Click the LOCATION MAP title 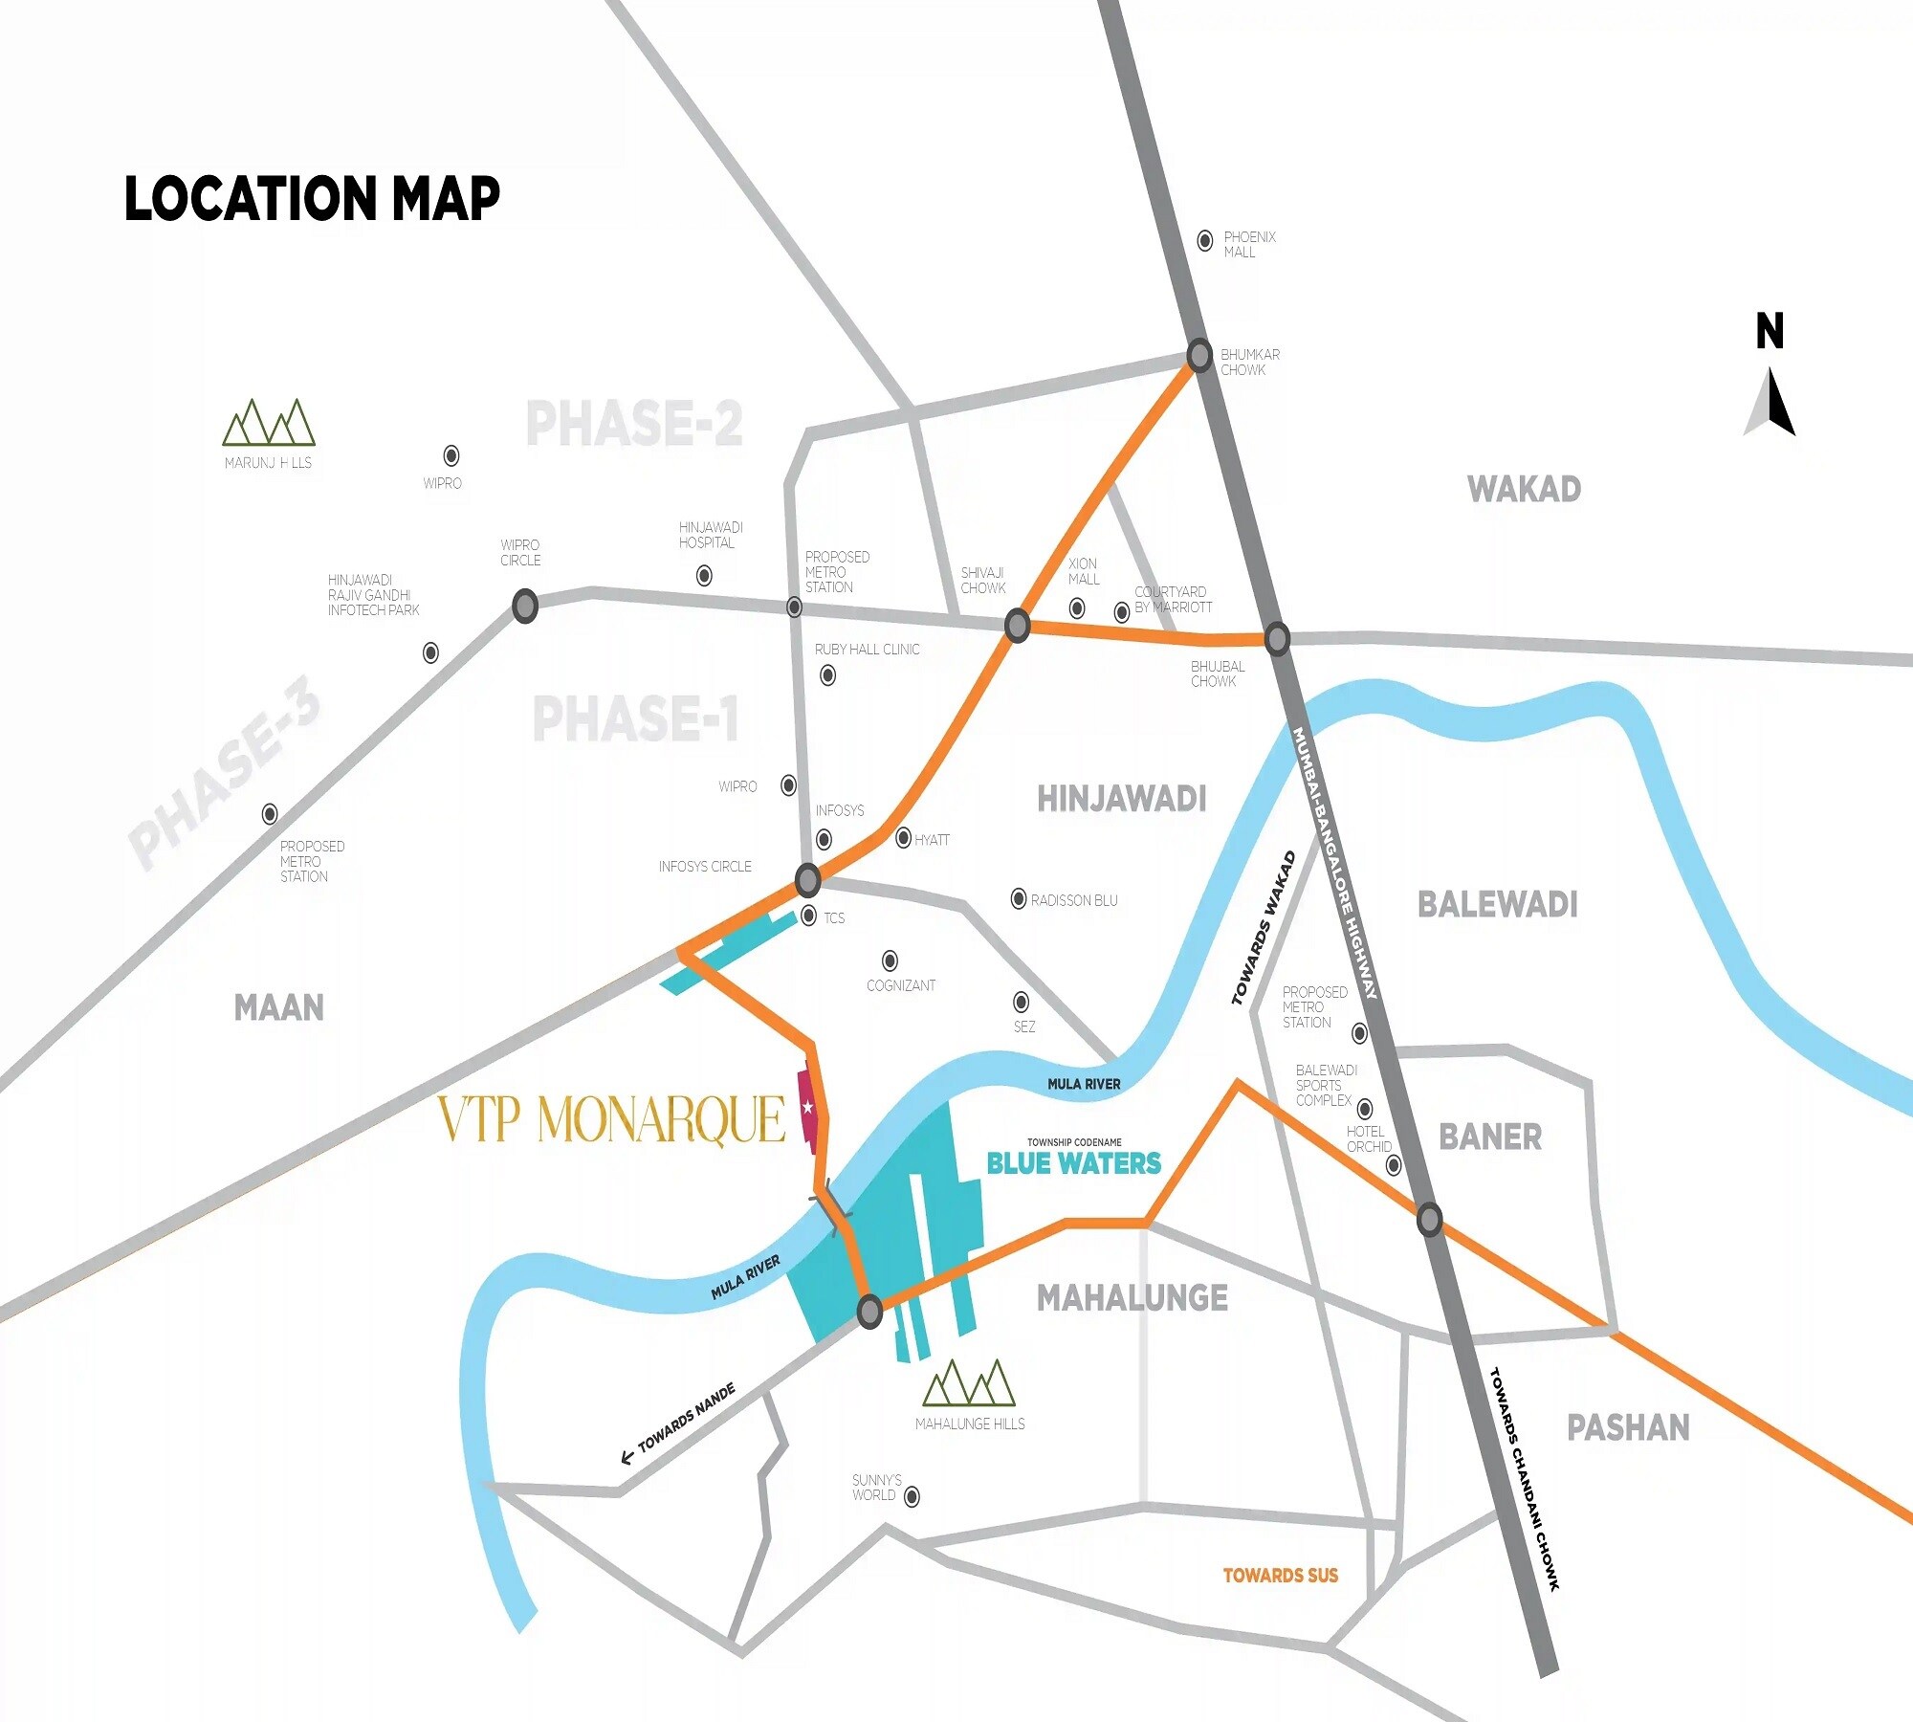pyautogui.click(x=312, y=199)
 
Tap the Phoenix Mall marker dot pyautogui.click(x=1205, y=241)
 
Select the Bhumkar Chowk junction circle pyautogui.click(x=1199, y=355)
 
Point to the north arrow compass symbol pyautogui.click(x=1771, y=402)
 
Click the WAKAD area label pyautogui.click(x=1524, y=489)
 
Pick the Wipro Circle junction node pyautogui.click(x=525, y=606)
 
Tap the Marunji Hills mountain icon pyautogui.click(x=269, y=423)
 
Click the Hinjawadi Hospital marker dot pyautogui.click(x=704, y=575)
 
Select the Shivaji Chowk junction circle pyautogui.click(x=1017, y=626)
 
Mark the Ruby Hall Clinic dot pyautogui.click(x=828, y=675)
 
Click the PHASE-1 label pyautogui.click(x=635, y=719)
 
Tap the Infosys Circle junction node pyautogui.click(x=808, y=878)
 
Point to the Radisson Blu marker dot pyautogui.click(x=1019, y=898)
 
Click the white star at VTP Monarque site pyautogui.click(x=807, y=1107)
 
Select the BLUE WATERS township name pyautogui.click(x=1073, y=1163)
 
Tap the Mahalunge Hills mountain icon pyautogui.click(x=969, y=1383)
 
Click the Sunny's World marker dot pyautogui.click(x=912, y=1496)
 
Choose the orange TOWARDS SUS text pyautogui.click(x=1280, y=1576)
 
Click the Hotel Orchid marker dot pyautogui.click(x=1394, y=1165)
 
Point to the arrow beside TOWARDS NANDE pyautogui.click(x=627, y=1457)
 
